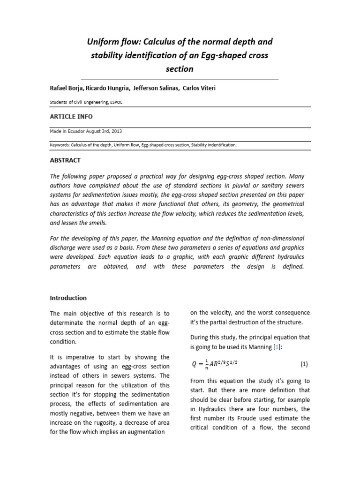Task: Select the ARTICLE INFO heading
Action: pos(71,116)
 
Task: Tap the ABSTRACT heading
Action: pos(65,160)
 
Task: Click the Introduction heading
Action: pos(68,298)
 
